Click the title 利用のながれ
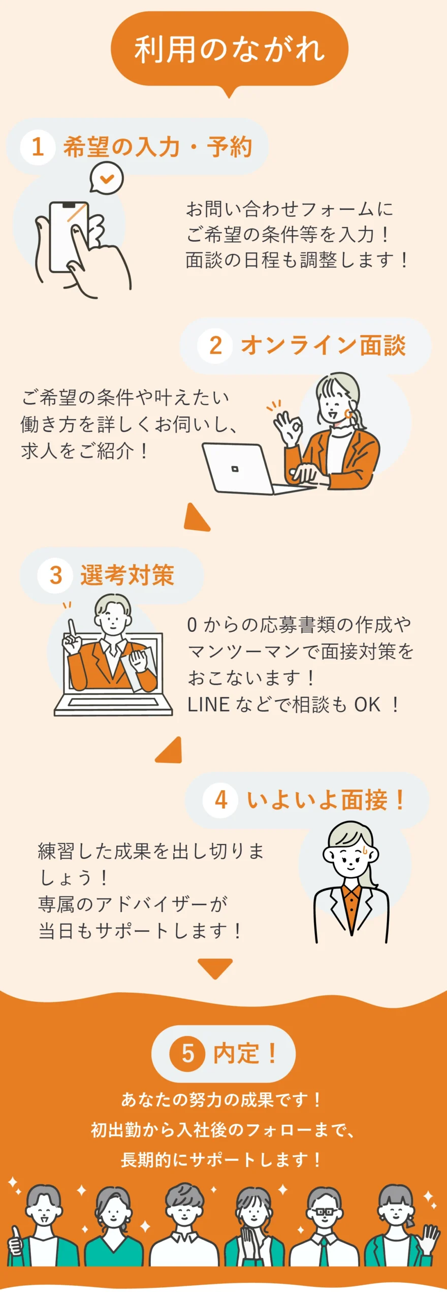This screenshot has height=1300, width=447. point(230,49)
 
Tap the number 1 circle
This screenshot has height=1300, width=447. point(38,147)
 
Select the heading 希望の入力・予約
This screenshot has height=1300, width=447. point(157,147)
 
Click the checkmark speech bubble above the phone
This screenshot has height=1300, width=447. point(107,178)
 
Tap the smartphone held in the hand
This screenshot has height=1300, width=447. point(69,237)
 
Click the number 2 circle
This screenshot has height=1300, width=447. point(215,345)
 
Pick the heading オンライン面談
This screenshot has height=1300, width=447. point(323,345)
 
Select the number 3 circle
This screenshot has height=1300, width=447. point(56,575)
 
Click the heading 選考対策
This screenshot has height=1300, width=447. point(127,575)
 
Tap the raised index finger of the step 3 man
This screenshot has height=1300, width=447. point(72,628)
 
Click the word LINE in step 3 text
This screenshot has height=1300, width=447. point(208,704)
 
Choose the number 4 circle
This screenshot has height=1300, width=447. point(220,800)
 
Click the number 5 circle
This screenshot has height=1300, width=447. point(187,1053)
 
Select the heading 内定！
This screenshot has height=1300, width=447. point(245,1053)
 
